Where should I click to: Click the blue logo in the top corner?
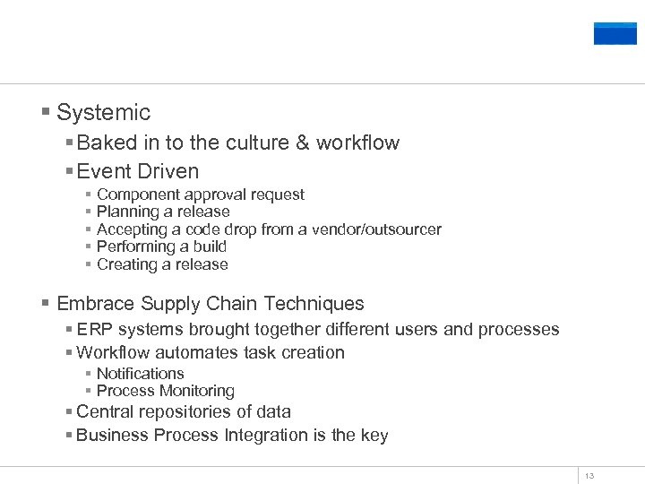coord(615,33)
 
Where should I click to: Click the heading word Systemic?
coord(103,113)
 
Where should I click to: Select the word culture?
coord(256,143)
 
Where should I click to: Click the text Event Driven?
coord(138,171)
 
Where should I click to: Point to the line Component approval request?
coord(200,194)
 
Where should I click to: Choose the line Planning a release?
coord(163,212)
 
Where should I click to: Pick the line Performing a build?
coord(161,246)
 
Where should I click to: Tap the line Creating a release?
coord(162,264)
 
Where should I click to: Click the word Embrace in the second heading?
coord(94,304)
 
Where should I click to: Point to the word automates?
coord(184,353)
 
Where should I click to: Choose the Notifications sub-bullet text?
coord(140,374)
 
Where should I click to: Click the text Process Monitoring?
coord(165,391)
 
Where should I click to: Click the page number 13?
coord(589,476)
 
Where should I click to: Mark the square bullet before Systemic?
coord(45,113)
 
